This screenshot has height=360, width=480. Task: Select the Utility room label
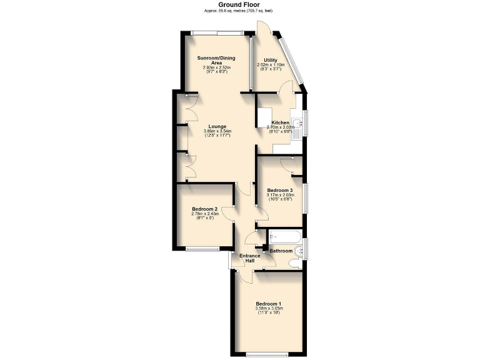click(270, 60)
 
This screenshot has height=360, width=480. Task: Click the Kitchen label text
click(279, 122)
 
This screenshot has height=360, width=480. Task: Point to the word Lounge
click(217, 126)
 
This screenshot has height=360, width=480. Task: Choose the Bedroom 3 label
click(279, 190)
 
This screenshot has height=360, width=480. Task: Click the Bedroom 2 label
click(204, 209)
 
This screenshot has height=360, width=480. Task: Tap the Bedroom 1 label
click(269, 304)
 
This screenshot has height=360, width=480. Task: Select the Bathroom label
click(281, 251)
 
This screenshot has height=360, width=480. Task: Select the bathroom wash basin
click(299, 251)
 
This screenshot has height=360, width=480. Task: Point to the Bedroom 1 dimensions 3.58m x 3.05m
click(269, 309)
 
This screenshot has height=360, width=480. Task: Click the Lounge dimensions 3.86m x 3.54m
click(217, 131)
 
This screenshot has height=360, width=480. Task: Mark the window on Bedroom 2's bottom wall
click(202, 249)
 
